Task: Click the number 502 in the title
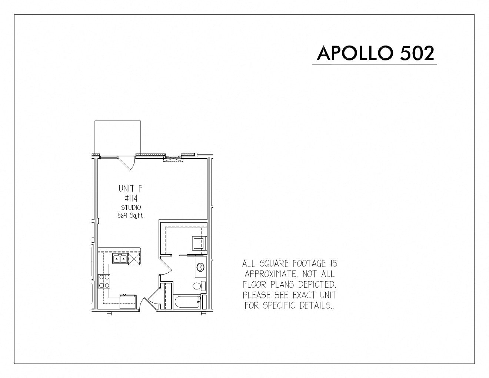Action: pyautogui.click(x=417, y=53)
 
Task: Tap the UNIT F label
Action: pyautogui.click(x=130, y=188)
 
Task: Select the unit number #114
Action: pyautogui.click(x=131, y=198)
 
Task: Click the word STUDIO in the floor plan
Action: pyautogui.click(x=131, y=208)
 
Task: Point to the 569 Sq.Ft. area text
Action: pyautogui.click(x=131, y=216)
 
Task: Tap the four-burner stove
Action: pyautogui.click(x=104, y=281)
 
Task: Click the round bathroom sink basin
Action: pyautogui.click(x=200, y=268)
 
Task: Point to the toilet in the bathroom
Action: pyautogui.click(x=199, y=286)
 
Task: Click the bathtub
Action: pyautogui.click(x=187, y=302)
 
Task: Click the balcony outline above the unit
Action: pyautogui.click(x=118, y=121)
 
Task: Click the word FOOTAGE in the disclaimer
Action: pyautogui.click(x=308, y=263)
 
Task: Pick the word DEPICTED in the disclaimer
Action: pyautogui.click(x=317, y=285)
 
